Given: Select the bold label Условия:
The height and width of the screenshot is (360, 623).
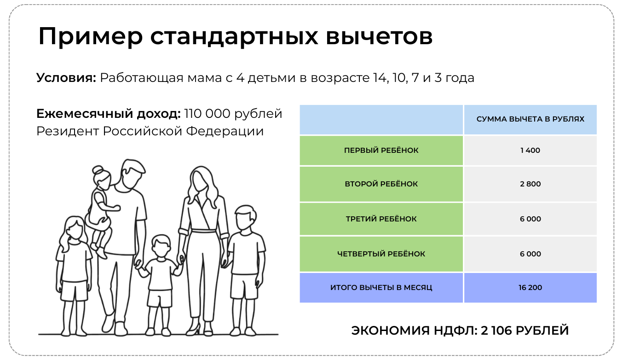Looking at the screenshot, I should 66,77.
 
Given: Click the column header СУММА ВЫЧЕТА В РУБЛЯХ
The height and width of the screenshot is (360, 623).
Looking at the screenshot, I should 530,119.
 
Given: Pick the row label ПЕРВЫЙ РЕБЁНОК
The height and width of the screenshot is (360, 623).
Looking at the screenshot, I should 381,151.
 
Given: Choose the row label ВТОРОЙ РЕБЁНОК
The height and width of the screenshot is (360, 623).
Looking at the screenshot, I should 381,184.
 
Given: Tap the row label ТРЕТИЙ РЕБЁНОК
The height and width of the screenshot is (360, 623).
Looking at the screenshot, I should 381,219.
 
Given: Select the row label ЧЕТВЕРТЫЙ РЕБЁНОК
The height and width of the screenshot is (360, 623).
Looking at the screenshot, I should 381,254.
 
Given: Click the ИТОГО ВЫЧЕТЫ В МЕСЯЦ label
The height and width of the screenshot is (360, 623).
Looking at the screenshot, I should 381,288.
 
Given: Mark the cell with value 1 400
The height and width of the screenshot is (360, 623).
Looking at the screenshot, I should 530,151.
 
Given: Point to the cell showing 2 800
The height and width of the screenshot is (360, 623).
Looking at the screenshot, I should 530,184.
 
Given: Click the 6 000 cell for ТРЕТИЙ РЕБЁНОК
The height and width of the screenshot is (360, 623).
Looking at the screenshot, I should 530,219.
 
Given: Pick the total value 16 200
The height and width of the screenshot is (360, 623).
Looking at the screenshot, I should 530,288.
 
